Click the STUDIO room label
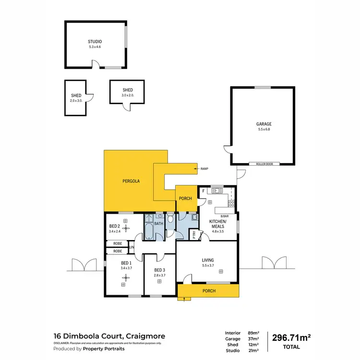(x=95, y=42)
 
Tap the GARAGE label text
(x=264, y=124)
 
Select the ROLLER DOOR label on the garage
(x=264, y=164)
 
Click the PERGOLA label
(x=131, y=181)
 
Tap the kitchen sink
(x=217, y=191)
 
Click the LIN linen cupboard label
(x=131, y=247)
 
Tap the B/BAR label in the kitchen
(x=224, y=216)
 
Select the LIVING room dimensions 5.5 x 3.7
(x=208, y=265)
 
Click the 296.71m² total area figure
(x=292, y=337)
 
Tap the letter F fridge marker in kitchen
(x=203, y=191)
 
